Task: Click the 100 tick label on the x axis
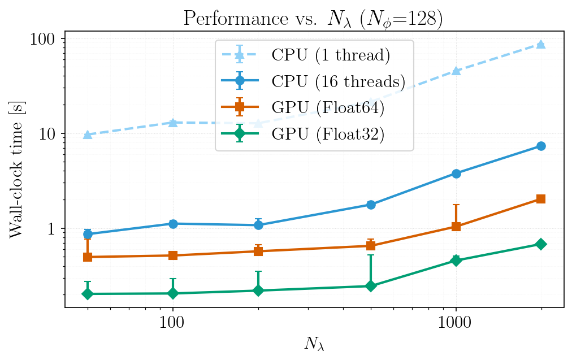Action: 172,322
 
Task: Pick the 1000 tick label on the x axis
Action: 456,322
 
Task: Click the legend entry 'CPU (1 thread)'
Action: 331,55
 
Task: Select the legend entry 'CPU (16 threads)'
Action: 339,81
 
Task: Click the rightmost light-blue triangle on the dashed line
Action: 541,44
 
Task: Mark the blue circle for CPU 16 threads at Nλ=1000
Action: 456,174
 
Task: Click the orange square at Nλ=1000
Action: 456,227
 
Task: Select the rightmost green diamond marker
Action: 541,244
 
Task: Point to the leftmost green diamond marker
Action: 88,294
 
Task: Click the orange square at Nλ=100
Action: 173,255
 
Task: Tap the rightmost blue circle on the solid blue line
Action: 541,146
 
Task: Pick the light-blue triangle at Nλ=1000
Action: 456,71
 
